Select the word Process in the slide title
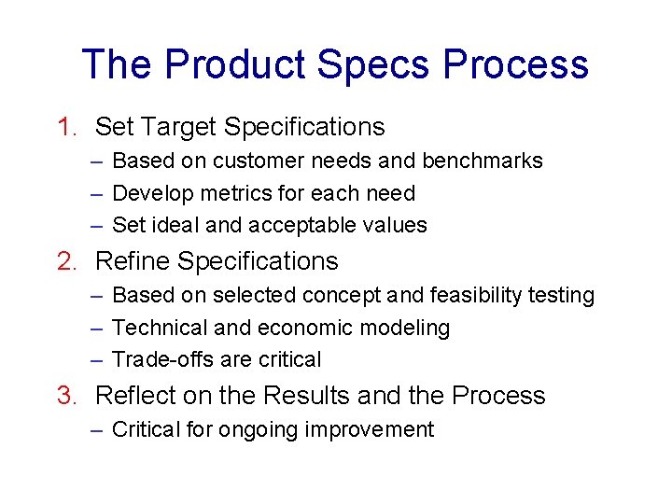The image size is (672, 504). (x=516, y=64)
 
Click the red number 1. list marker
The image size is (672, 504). (x=68, y=127)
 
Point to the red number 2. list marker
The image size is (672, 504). (x=68, y=261)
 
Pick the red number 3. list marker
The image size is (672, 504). (x=68, y=396)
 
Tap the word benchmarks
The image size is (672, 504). (x=483, y=161)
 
